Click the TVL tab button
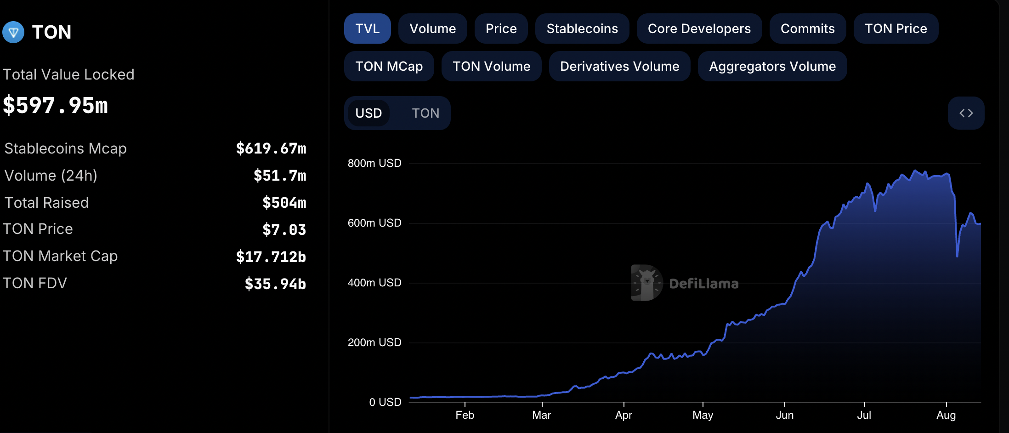[x=367, y=28]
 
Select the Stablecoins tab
[x=582, y=28]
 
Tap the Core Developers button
[x=699, y=28]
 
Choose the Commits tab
[x=807, y=28]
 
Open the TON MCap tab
[x=389, y=66]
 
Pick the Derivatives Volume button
[x=619, y=66]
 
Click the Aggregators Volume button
[x=772, y=66]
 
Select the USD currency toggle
[x=368, y=113]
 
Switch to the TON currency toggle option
[x=425, y=113]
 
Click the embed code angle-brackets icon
[x=966, y=113]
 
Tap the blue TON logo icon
[x=13, y=32]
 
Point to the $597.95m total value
[x=56, y=105]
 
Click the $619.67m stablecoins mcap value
[x=271, y=148]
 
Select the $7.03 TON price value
[x=284, y=229]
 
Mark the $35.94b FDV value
[x=275, y=284]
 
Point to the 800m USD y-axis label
[x=374, y=163]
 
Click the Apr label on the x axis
[x=624, y=415]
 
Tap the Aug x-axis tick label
[x=946, y=415]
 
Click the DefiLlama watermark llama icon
[x=646, y=283]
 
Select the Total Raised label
[x=46, y=203]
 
